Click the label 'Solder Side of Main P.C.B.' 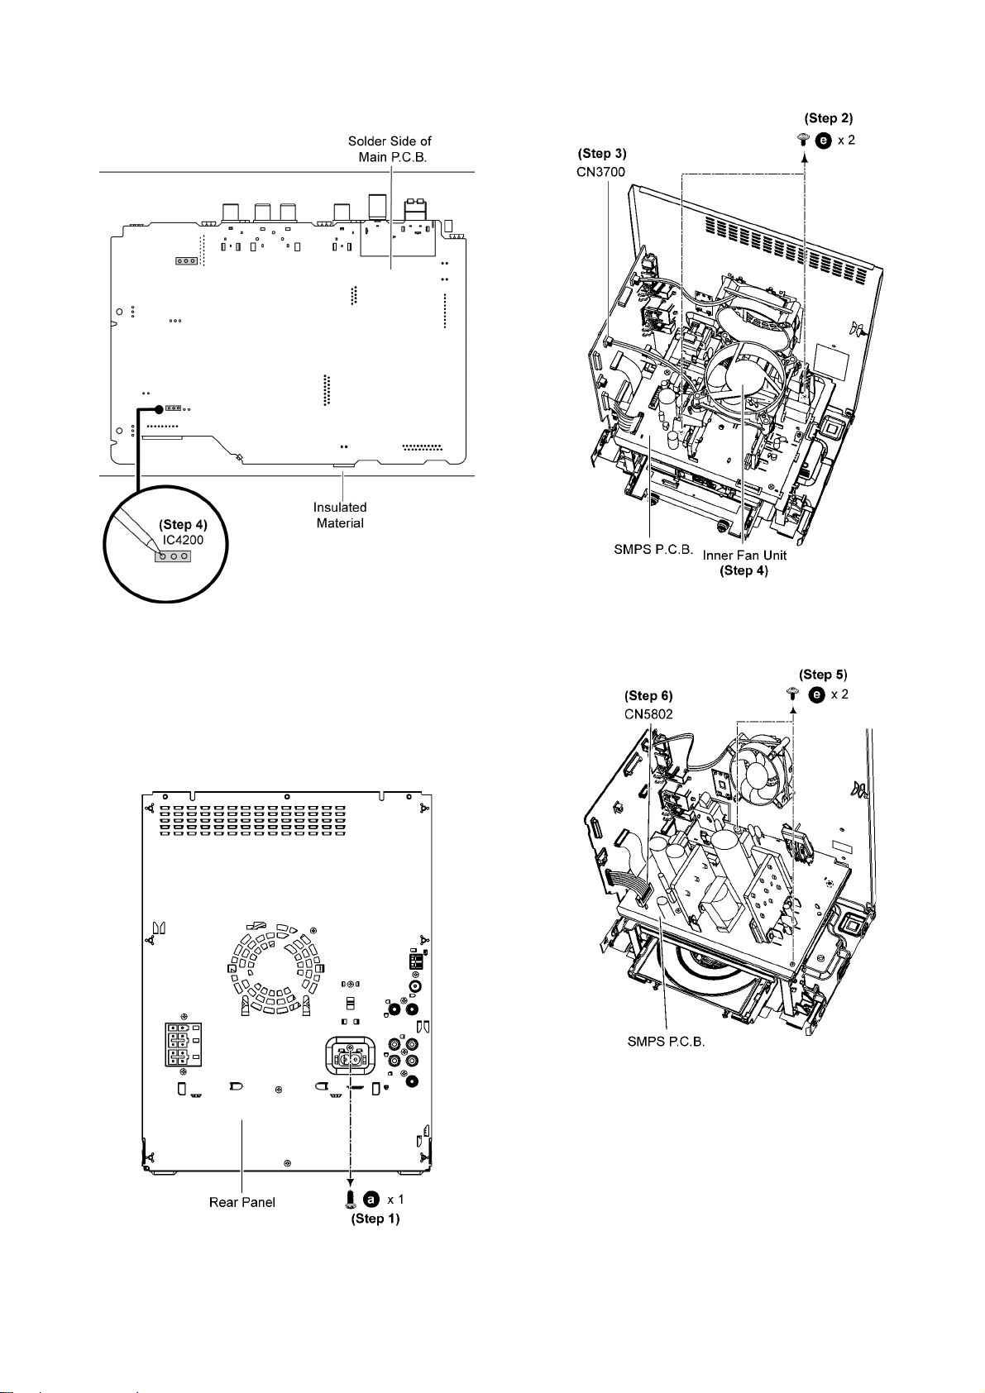pyautogui.click(x=390, y=150)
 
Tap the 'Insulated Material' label pyautogui.click(x=340, y=515)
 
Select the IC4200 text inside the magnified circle pyautogui.click(x=183, y=540)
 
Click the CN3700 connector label pyautogui.click(x=600, y=172)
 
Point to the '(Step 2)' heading pyautogui.click(x=828, y=118)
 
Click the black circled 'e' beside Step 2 pyautogui.click(x=823, y=141)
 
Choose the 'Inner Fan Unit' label pyautogui.click(x=744, y=556)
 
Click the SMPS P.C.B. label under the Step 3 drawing pyautogui.click(x=653, y=550)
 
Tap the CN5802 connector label pyautogui.click(x=648, y=714)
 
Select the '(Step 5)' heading pyautogui.click(x=823, y=675)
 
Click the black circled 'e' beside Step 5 pyautogui.click(x=817, y=694)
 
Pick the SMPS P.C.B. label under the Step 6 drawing pyautogui.click(x=666, y=1042)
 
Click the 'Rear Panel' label pyautogui.click(x=242, y=1202)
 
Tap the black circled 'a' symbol pyautogui.click(x=371, y=1199)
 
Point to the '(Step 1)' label pyautogui.click(x=375, y=1219)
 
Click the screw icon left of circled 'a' pyautogui.click(x=351, y=1199)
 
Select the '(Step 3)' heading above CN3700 pyautogui.click(x=602, y=153)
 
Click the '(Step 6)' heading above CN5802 pyautogui.click(x=648, y=695)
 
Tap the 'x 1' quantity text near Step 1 pyautogui.click(x=395, y=1199)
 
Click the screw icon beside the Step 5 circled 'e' pyautogui.click(x=793, y=694)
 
